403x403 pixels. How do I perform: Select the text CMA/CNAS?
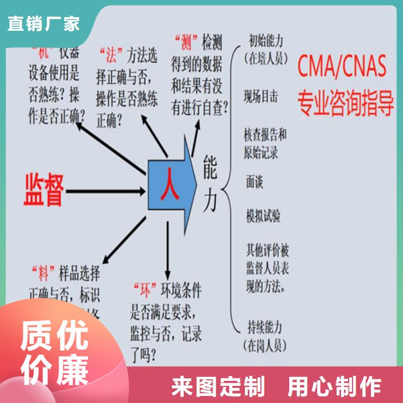click(x=342, y=66)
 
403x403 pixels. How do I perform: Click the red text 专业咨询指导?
click(x=345, y=102)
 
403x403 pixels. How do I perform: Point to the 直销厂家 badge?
click(x=44, y=23)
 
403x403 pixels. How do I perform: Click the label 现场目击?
click(x=260, y=97)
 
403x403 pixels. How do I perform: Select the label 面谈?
click(x=254, y=182)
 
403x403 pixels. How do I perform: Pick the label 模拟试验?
click(x=263, y=216)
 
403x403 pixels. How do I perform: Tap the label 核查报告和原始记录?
click(x=265, y=143)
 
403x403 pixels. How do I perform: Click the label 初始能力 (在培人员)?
click(x=265, y=49)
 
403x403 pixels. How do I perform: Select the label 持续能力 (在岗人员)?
click(x=265, y=335)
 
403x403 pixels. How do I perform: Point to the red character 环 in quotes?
click(x=143, y=291)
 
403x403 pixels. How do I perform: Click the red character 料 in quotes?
click(x=43, y=275)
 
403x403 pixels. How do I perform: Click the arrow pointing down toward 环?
click(x=167, y=252)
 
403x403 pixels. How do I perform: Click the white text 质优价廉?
click(x=54, y=353)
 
